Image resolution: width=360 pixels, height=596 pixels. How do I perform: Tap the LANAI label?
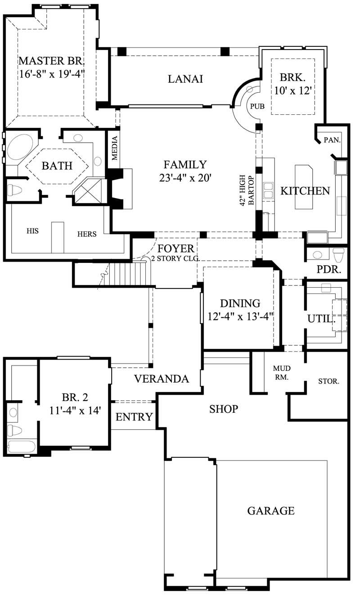click(185, 79)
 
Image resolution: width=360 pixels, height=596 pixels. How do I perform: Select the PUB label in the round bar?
click(257, 107)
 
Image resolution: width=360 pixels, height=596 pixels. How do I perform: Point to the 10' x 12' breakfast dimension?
click(293, 90)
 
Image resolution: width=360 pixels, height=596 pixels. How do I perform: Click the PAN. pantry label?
click(332, 140)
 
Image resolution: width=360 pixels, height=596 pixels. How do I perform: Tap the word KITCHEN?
click(305, 191)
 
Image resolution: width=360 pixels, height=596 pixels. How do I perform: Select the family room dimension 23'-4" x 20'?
click(185, 178)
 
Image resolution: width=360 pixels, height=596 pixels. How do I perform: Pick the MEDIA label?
click(115, 148)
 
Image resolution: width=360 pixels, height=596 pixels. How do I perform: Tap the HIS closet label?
click(32, 231)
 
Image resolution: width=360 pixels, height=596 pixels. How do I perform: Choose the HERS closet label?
click(86, 234)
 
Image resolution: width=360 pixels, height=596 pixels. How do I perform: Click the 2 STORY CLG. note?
click(175, 258)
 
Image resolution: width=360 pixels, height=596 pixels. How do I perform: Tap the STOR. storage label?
click(328, 381)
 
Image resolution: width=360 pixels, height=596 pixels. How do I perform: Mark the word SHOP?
click(223, 409)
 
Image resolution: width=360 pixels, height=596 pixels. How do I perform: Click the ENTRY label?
click(134, 417)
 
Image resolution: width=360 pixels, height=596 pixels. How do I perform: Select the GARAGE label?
click(271, 510)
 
